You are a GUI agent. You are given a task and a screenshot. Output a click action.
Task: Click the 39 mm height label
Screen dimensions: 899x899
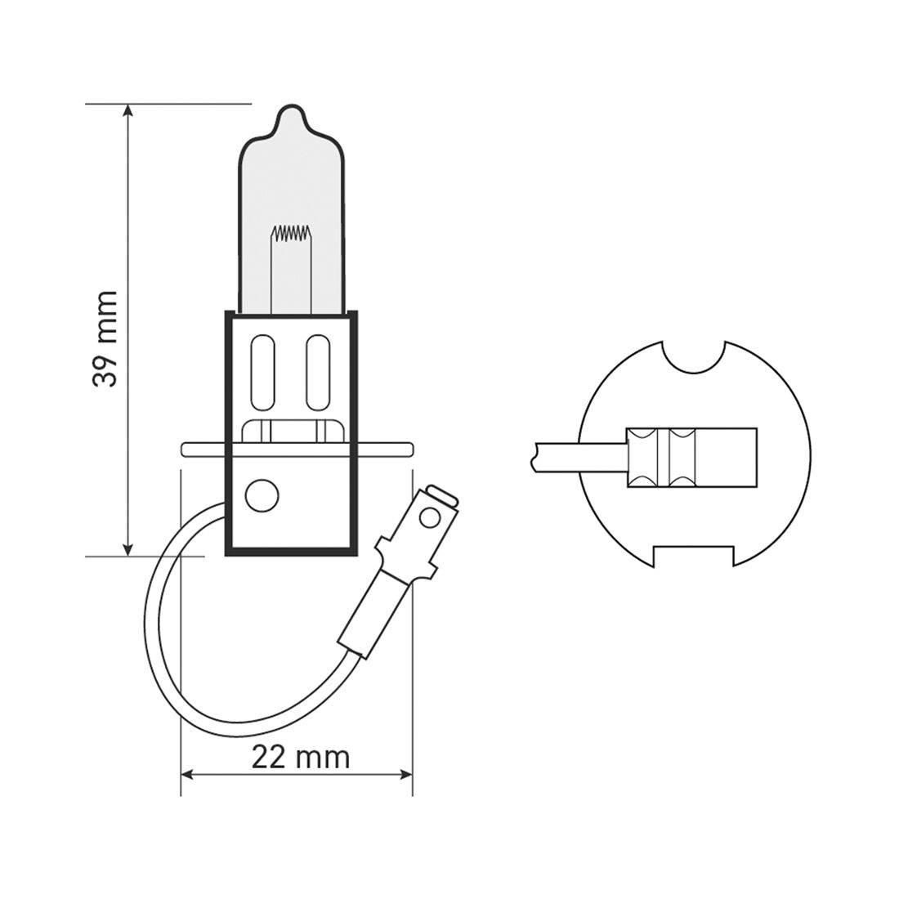(x=106, y=337)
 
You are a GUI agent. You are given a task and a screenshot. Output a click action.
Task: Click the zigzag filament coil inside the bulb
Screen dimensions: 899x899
(x=292, y=234)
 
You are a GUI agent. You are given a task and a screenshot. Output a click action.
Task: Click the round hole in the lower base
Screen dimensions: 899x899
(x=262, y=495)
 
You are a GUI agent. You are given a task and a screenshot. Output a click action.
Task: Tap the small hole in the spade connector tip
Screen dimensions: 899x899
(x=432, y=517)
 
